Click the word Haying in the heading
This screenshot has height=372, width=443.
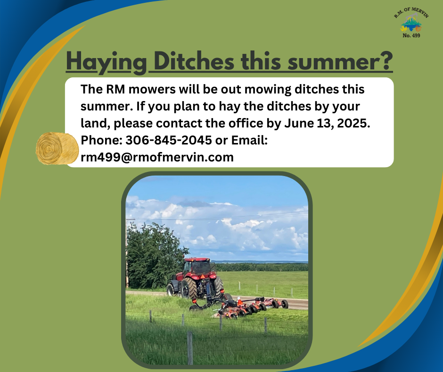pos(106,62)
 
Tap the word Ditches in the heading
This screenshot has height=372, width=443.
pos(194,61)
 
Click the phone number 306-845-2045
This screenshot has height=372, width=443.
pos(169,140)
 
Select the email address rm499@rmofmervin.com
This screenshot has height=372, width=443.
pos(157,157)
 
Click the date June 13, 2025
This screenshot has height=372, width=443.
pos(327,123)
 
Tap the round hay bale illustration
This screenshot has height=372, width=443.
pos(57,148)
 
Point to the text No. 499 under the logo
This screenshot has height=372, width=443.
pos(411,36)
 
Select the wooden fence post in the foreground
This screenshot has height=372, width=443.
pos(190,348)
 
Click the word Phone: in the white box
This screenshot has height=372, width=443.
pos(102,140)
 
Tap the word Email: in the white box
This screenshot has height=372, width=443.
pos(249,140)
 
